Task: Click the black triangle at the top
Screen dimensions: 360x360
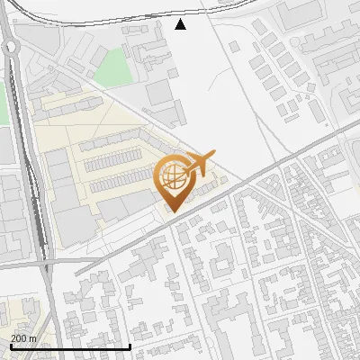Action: [x=181, y=24]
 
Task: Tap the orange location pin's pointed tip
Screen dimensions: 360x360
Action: [x=171, y=211]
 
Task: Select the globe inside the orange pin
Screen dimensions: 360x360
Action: [x=171, y=175]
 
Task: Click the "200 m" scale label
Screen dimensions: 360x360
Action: [x=23, y=337]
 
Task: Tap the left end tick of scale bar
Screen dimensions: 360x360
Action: [x=10, y=345]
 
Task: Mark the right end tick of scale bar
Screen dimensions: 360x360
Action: [x=130, y=345]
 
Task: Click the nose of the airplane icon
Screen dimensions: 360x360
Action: [x=214, y=156]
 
